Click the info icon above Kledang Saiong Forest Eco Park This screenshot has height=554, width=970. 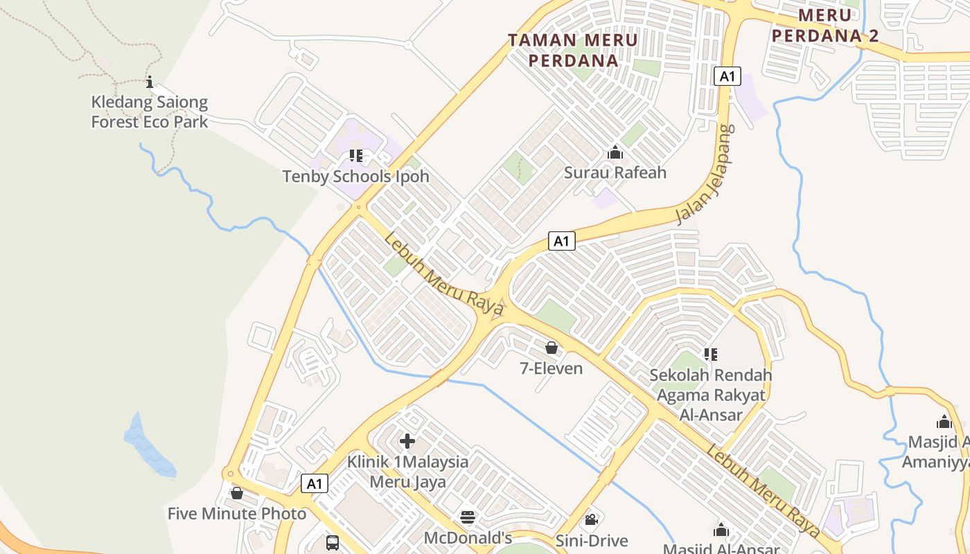tap(150, 82)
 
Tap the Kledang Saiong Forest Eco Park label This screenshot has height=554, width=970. tap(150, 112)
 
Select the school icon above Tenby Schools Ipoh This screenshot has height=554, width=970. tap(355, 156)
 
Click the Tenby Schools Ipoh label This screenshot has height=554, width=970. tap(355, 177)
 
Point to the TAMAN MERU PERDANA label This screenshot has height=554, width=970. tap(573, 50)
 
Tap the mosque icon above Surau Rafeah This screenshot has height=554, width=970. tap(615, 152)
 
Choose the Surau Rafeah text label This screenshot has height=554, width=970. tap(615, 172)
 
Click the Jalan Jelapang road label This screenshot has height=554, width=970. tap(704, 175)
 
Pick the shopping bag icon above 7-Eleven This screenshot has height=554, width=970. tap(552, 348)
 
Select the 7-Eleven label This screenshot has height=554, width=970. tap(552, 368)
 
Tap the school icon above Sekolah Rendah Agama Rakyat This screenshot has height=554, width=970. tap(710, 355)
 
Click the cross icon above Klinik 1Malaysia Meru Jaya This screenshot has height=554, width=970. tap(407, 441)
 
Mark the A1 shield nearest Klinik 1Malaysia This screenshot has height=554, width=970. tap(315, 483)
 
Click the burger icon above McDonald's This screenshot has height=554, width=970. tap(468, 517)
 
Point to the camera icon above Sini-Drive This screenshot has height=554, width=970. tap(591, 519)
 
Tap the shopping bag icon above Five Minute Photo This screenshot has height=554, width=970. tap(237, 493)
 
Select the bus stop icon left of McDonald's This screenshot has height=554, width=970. tap(333, 542)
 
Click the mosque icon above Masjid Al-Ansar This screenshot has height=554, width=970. tap(721, 530)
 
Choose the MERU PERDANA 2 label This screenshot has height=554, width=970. tap(824, 26)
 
